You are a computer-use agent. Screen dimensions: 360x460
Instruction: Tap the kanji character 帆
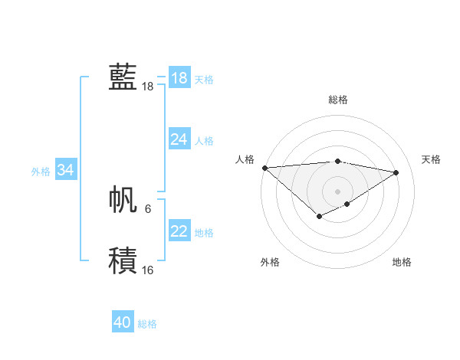(123, 198)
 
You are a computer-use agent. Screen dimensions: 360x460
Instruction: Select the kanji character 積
(123, 260)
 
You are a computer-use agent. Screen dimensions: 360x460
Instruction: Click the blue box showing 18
(179, 78)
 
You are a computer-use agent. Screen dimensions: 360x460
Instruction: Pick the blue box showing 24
(179, 139)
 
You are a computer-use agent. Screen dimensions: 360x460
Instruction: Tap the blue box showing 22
(179, 231)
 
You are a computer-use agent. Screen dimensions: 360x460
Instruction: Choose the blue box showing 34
(66, 170)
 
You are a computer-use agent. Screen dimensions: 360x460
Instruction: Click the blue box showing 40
(123, 322)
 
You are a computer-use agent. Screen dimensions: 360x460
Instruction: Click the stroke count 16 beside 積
(148, 270)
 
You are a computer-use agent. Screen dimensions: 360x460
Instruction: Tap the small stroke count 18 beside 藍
(148, 87)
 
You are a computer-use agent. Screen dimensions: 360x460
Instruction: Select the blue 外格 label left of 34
(41, 172)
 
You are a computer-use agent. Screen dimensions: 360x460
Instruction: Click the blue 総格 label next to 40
(147, 324)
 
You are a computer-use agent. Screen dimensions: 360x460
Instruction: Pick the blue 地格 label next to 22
(204, 233)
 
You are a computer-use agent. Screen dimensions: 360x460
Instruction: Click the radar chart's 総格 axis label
(338, 100)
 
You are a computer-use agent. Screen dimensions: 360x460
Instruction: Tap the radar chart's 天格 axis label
(432, 159)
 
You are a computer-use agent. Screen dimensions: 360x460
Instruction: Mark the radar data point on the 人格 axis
(264, 168)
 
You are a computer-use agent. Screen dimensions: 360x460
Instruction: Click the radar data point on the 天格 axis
(396, 172)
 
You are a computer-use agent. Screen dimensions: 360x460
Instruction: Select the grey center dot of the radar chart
(337, 191)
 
